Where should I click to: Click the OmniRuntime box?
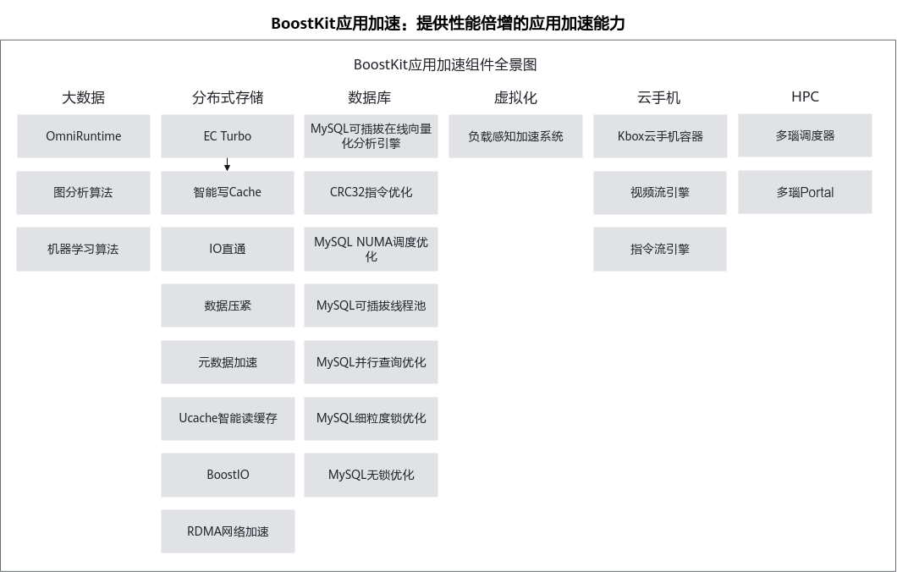coord(84,136)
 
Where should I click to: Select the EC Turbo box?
coord(228,136)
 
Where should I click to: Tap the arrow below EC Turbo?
coord(227,165)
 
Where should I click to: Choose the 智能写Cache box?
coord(228,193)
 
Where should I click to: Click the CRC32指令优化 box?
coord(371,193)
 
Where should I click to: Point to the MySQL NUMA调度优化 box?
coord(371,249)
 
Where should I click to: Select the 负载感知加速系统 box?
coord(515,136)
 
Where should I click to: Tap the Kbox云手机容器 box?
coord(660,136)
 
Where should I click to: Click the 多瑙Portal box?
coord(805,192)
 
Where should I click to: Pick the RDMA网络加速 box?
coord(228,531)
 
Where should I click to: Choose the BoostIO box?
coord(228,475)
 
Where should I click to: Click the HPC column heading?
coord(805,96)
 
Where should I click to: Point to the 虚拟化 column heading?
coord(515,98)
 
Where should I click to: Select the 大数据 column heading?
coord(84,98)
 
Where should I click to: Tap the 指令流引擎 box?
coord(660,249)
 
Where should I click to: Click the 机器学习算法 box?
coord(84,249)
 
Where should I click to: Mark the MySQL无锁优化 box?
coord(371,475)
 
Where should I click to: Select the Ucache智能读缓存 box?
coord(228,419)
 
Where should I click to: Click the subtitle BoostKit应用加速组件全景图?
coord(445,64)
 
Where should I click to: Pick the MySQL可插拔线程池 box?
coord(371,305)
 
